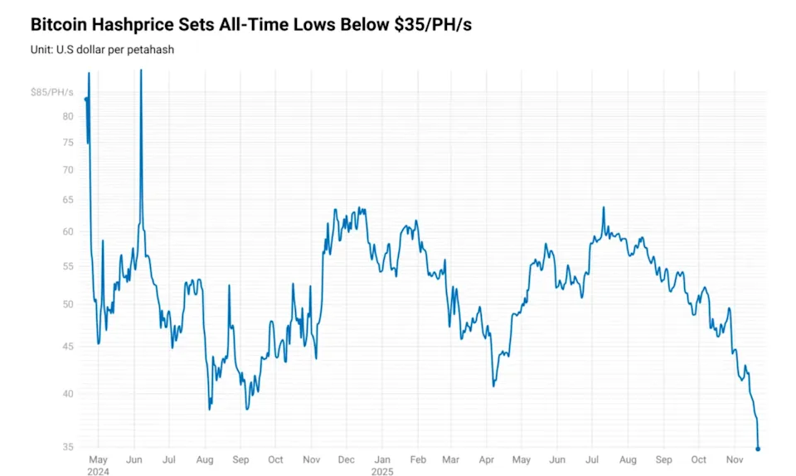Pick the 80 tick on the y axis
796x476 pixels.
pyautogui.click(x=68, y=116)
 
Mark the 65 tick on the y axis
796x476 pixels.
pyautogui.click(x=68, y=200)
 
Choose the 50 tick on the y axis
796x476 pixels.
pyautogui.click(x=68, y=304)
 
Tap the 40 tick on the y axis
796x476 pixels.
pyautogui.click(x=68, y=393)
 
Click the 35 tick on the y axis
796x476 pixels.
pyautogui.click(x=68, y=448)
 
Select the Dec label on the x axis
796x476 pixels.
pyautogui.click(x=347, y=459)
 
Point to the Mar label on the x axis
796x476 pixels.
pyautogui.click(x=450, y=459)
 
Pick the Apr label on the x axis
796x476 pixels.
pyautogui.click(x=486, y=459)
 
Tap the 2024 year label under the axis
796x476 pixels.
pyautogui.click(x=99, y=471)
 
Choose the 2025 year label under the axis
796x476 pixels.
pyautogui.click(x=382, y=471)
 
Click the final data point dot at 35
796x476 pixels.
pyautogui.click(x=758, y=449)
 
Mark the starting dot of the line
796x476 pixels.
pyautogui.click(x=86, y=100)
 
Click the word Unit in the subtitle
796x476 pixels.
pyautogui.click(x=41, y=50)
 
